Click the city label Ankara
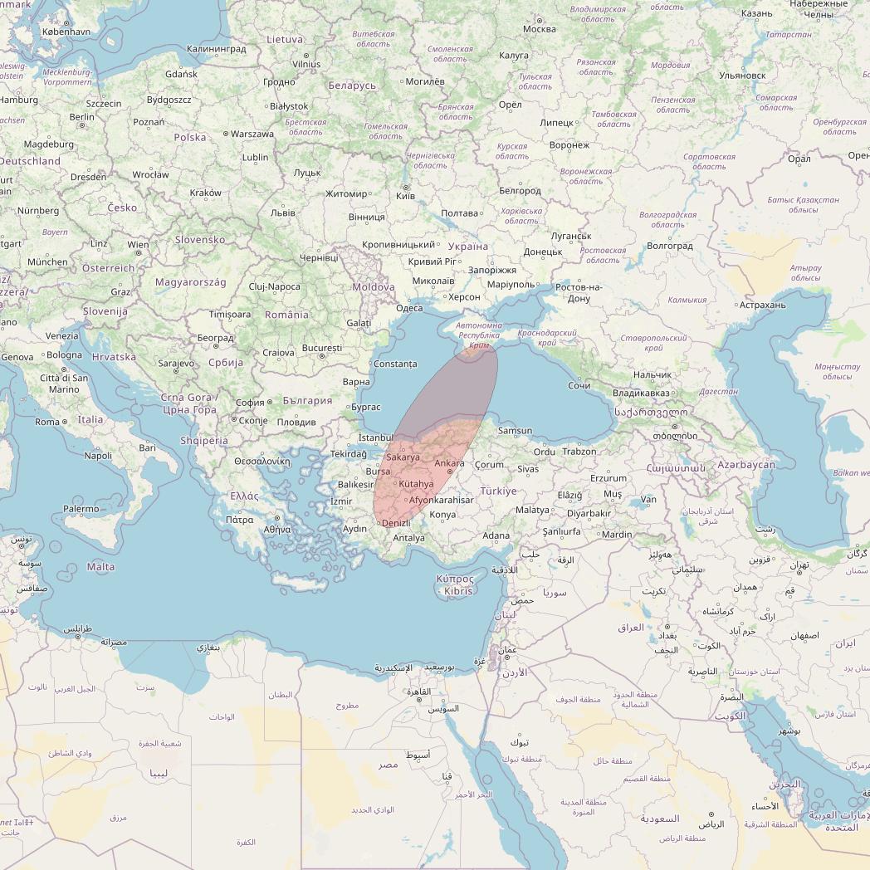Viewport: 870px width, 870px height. point(449,463)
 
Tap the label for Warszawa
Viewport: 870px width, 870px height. point(252,134)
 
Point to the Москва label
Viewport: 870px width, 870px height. point(540,30)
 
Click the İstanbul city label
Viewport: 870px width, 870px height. point(375,437)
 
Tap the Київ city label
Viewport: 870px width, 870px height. point(406,196)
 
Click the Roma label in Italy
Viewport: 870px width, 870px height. point(47,422)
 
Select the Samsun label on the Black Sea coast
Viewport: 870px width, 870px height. point(515,431)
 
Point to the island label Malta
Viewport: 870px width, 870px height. point(101,567)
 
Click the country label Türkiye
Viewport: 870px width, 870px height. point(498,491)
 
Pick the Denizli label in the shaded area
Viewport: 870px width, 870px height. point(396,523)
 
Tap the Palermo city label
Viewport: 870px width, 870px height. point(81,509)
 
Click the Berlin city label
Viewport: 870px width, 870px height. point(82,117)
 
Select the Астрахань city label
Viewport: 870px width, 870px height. point(762,305)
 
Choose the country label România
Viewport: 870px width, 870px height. point(286,315)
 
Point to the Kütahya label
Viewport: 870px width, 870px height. point(416,484)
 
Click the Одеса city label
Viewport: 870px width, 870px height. point(409,308)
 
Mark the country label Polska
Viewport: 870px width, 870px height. point(190,137)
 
